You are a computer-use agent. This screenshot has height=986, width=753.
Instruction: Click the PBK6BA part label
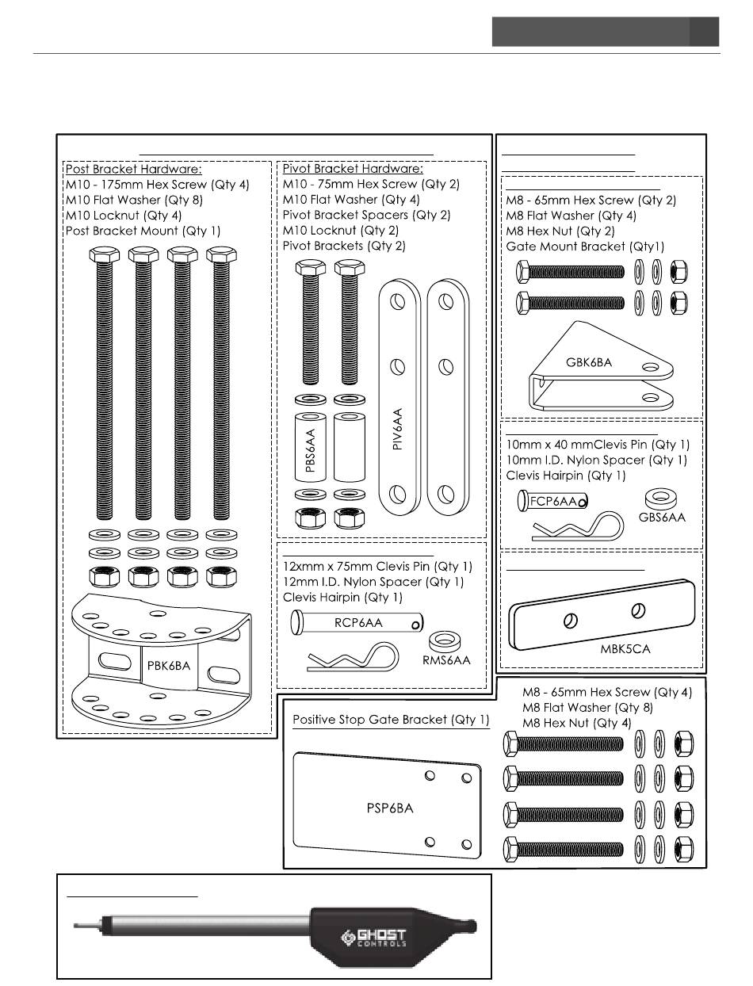coord(169,666)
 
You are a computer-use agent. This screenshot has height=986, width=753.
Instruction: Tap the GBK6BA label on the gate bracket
coord(590,362)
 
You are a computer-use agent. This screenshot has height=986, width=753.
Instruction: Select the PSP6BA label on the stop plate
coord(384,808)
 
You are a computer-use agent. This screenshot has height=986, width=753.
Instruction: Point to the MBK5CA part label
coord(625,648)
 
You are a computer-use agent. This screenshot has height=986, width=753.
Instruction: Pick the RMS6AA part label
coord(446,659)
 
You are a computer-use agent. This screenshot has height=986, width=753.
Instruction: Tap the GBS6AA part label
coord(662,517)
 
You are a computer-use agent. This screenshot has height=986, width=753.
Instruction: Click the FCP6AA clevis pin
coord(552,501)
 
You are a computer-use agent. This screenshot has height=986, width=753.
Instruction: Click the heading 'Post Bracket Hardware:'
coord(133,169)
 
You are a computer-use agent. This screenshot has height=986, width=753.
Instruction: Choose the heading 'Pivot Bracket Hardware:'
coord(353,169)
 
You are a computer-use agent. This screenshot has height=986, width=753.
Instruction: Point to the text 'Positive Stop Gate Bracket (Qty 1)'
coord(391,720)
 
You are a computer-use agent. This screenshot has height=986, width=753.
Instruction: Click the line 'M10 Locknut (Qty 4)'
coord(124,215)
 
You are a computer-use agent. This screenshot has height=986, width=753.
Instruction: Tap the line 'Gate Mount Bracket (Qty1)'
coord(585,246)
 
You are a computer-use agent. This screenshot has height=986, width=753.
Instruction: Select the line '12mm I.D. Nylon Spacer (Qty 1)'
coord(373,582)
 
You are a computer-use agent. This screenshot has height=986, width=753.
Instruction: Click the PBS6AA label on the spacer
coord(310,450)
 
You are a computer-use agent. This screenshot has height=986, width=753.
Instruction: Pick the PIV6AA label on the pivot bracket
coord(398,429)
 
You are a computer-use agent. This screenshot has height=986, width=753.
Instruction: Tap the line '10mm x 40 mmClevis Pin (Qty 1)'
coord(598,445)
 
